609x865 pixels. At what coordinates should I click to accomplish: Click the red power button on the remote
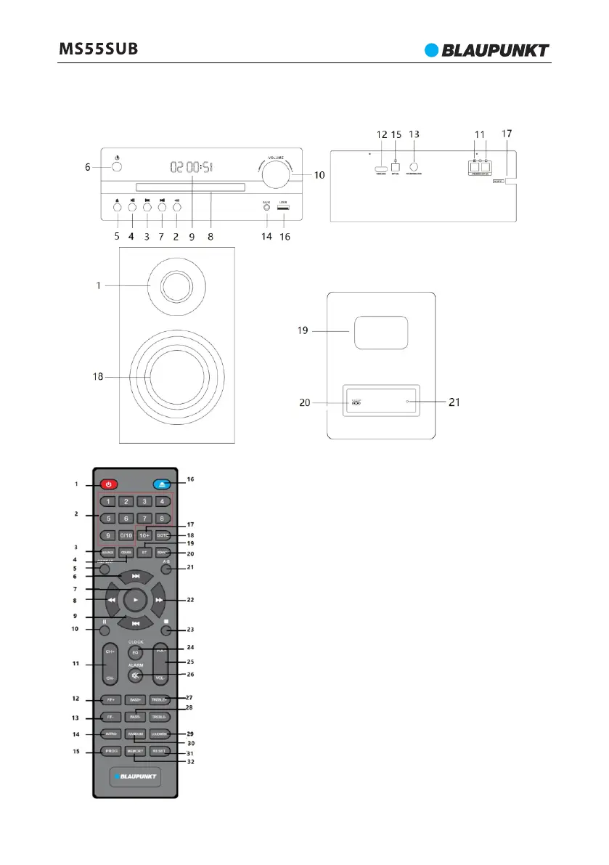[x=109, y=484]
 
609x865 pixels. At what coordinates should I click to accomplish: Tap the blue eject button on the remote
[x=162, y=484]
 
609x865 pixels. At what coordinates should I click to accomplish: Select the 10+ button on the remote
[x=144, y=535]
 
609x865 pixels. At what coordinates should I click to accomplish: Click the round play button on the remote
[x=135, y=600]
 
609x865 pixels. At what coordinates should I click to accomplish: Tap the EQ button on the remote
[x=135, y=654]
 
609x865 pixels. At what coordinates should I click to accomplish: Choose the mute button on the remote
[x=135, y=675]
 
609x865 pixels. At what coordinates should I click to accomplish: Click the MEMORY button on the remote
[x=135, y=752]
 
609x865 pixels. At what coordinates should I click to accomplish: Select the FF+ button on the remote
[x=109, y=700]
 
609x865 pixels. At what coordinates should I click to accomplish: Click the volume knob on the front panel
[x=277, y=176]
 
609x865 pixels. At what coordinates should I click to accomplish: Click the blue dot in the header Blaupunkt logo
[x=433, y=50]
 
